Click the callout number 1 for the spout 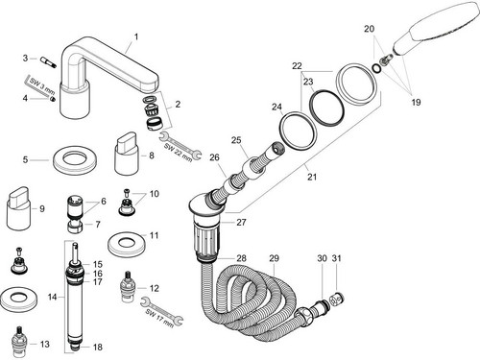point(136,37)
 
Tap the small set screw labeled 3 point(48,61)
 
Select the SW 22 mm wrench point(180,146)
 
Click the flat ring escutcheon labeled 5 point(75,161)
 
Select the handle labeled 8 point(127,153)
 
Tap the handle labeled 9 point(19,208)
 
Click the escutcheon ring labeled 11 point(128,244)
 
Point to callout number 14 point(52,297)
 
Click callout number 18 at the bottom point(98,347)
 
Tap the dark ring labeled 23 point(326,107)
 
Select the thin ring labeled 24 point(298,130)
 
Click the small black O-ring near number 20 point(376,68)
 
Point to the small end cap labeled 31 point(337,300)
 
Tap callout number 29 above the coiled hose point(274,258)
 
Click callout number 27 point(241,222)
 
